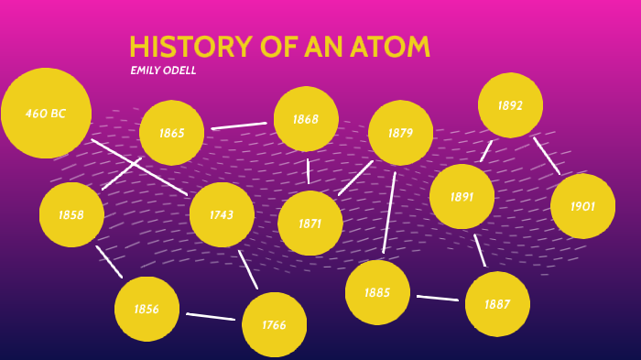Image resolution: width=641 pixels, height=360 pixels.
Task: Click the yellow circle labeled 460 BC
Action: point(46,113)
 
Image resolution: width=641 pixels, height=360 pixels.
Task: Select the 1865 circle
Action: point(171,133)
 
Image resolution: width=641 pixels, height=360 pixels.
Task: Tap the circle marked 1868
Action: point(306,119)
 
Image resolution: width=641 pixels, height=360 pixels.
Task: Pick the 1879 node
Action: point(400,133)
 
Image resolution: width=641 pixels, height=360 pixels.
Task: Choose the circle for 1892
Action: point(510,105)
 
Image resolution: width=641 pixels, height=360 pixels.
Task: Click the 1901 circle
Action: point(582,206)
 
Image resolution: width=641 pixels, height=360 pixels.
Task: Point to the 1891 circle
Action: point(462,196)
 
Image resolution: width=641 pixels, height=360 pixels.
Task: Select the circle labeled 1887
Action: point(497,304)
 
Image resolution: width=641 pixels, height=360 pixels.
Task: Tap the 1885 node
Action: point(377,292)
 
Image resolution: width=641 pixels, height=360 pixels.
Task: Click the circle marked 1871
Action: point(310,223)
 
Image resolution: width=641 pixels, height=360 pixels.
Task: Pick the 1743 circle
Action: point(222,215)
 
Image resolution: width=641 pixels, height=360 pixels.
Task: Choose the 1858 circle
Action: point(71,214)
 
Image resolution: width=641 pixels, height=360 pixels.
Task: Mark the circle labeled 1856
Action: point(147,309)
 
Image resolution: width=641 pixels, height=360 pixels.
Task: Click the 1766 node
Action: point(274,324)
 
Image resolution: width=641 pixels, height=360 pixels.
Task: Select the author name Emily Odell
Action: point(163,71)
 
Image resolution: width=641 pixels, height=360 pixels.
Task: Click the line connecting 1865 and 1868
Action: point(239,125)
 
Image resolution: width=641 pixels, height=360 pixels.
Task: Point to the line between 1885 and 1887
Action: point(437,298)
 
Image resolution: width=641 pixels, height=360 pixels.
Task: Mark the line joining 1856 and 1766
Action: point(211,317)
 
